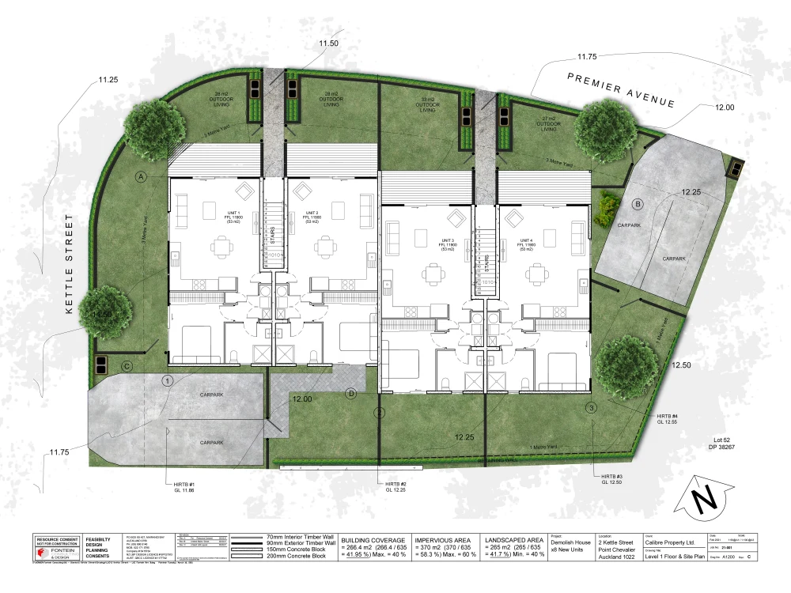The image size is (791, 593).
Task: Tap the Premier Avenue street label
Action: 622,89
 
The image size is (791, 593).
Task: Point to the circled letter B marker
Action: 638,204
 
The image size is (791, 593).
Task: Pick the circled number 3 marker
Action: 591,408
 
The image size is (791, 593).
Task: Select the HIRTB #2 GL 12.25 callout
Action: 395,487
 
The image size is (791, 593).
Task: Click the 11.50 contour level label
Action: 328,43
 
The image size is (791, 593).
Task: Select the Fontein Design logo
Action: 57,551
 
